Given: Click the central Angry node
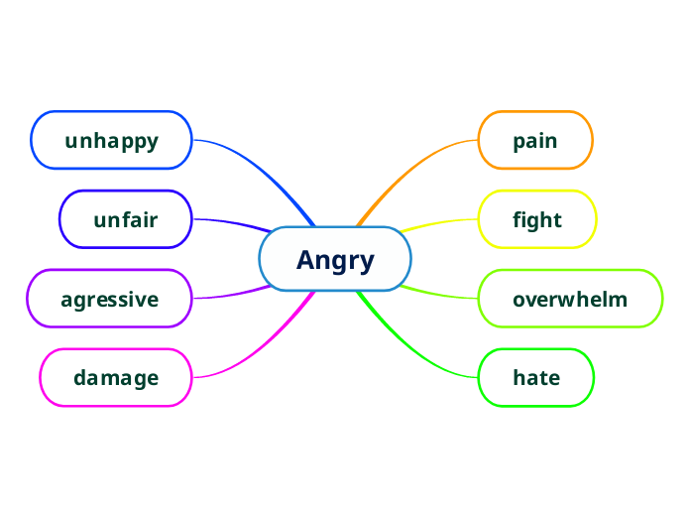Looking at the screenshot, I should pos(335,260).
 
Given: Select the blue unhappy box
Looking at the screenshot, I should pos(111,141).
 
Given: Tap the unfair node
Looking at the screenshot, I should pos(125,219).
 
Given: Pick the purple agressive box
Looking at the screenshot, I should pos(109,299).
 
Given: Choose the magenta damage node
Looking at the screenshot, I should pos(115,378).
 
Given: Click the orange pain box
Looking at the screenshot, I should pos(535,141).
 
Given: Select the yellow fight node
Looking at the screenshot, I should pos(537,219).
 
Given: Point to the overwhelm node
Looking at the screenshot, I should pos(570,299).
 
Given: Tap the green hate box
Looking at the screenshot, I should pos(536,378).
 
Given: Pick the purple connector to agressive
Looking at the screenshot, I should pos(233,295).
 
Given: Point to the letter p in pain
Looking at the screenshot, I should pos(518,142).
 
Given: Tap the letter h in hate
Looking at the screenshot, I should pos(518,378).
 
